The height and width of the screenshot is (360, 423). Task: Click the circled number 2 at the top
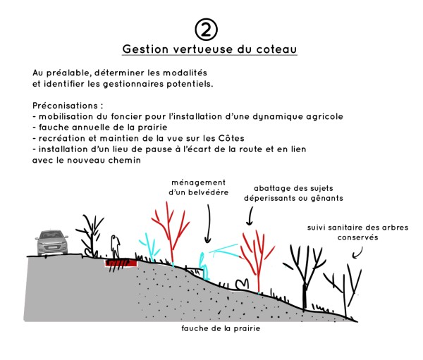pyautogui.click(x=206, y=30)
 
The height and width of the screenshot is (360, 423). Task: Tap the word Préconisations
pyautogui.click(x=65, y=106)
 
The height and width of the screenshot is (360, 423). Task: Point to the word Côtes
pyautogui.click(x=231, y=138)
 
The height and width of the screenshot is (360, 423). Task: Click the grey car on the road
pyautogui.click(x=51, y=242)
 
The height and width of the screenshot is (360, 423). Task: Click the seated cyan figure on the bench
pyautogui.click(x=204, y=266)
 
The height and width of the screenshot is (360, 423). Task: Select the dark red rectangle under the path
pyautogui.click(x=121, y=263)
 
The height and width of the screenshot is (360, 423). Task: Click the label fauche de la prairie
pyautogui.click(x=221, y=328)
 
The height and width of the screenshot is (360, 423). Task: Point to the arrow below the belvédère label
pyautogui.click(x=208, y=223)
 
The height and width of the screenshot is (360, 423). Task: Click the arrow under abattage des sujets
pyautogui.click(x=250, y=216)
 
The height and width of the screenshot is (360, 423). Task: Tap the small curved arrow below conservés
pyautogui.click(x=358, y=253)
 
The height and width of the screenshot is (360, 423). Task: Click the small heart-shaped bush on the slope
pyautogui.click(x=242, y=285)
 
